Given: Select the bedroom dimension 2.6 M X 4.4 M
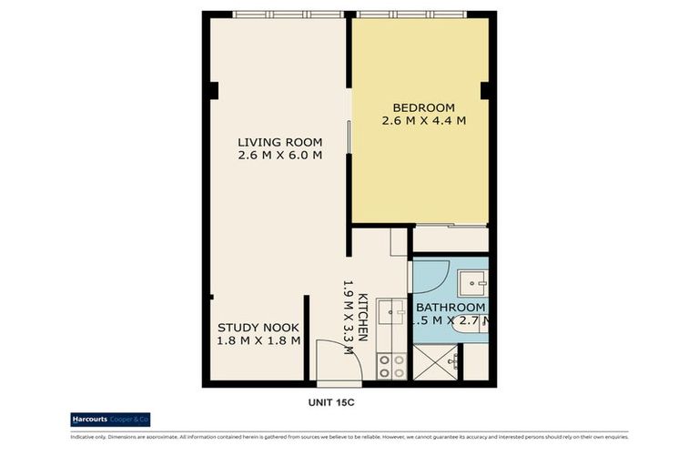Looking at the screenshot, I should (x=423, y=120).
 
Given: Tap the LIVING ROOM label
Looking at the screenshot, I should (x=279, y=141).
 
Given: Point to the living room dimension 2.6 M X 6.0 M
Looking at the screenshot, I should (x=279, y=156).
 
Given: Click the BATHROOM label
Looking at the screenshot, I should (x=451, y=307).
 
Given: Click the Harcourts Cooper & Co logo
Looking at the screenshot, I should (x=110, y=420).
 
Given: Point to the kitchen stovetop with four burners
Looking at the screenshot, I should (x=391, y=366).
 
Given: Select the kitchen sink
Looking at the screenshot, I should (x=393, y=311).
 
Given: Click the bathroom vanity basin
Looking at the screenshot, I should (x=472, y=283).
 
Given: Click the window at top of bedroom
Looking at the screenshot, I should (x=411, y=15).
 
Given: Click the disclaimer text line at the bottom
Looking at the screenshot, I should (x=349, y=437).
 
